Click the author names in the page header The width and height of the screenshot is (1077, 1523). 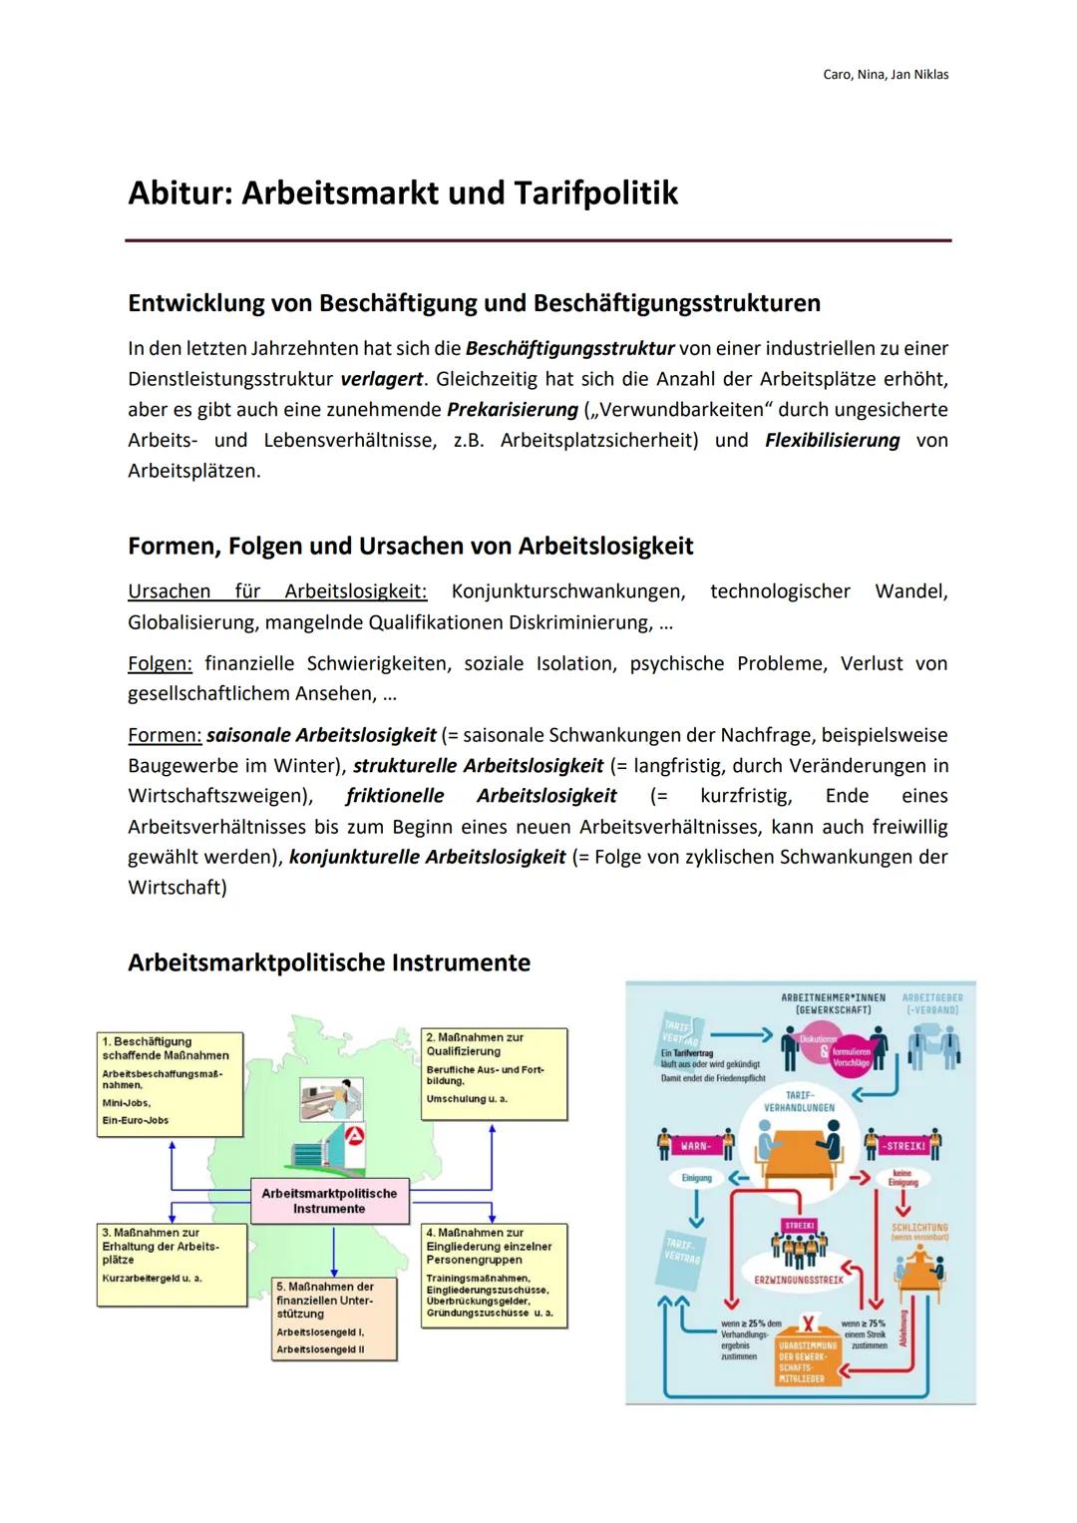tap(886, 75)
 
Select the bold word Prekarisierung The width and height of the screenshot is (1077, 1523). tap(513, 410)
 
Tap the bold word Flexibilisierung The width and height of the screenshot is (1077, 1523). tap(832, 440)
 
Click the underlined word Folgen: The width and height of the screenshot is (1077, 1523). tap(160, 663)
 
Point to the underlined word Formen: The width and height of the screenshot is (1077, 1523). tap(164, 735)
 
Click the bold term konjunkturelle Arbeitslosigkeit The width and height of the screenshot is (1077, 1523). tap(427, 857)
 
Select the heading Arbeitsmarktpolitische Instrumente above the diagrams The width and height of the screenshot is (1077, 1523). tap(329, 962)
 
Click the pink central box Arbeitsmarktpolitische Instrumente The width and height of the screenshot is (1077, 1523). tap(329, 1201)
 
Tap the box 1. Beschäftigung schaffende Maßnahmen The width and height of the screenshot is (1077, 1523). tap(170, 1083)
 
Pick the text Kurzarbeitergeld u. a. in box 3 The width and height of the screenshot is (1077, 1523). tap(152, 1278)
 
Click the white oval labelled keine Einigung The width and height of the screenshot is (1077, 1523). tap(902, 1178)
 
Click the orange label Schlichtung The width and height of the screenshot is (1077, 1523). tap(919, 1228)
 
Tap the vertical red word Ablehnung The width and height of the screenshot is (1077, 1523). tap(903, 1328)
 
